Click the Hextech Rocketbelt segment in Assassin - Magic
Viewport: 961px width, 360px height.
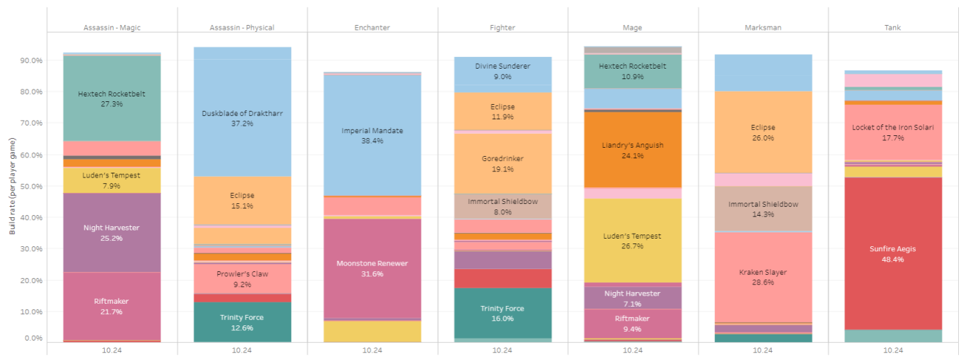point(112,98)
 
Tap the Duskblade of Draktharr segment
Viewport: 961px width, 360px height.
point(242,117)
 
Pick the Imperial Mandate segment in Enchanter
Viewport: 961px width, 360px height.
point(372,135)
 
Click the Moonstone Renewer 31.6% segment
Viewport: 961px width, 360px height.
point(372,268)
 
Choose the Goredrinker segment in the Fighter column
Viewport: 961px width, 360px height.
point(503,163)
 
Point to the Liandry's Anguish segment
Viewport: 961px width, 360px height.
point(632,150)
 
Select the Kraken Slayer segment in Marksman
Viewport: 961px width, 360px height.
point(763,277)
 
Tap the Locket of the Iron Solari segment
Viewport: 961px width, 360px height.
point(893,132)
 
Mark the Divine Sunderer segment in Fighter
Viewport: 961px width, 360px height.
point(503,71)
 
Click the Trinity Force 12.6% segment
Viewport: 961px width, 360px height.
point(242,322)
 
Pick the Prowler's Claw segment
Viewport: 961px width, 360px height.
point(242,278)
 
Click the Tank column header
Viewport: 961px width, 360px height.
point(893,28)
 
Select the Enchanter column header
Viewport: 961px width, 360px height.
point(372,28)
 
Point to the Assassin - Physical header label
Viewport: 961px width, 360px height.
point(242,28)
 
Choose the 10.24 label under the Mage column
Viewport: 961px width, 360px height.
point(632,350)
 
